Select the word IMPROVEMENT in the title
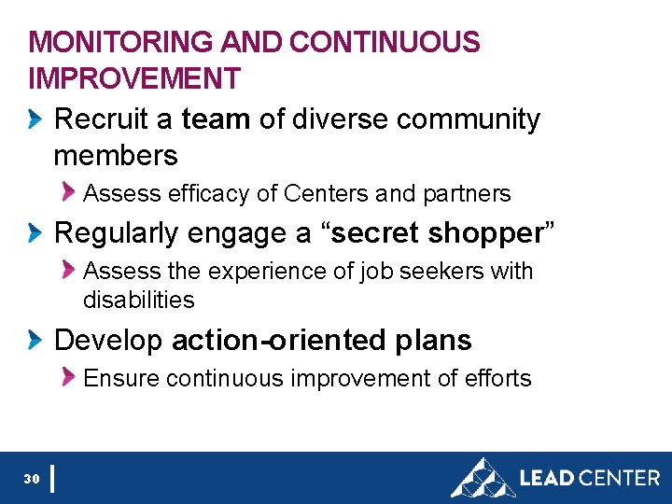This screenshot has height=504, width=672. click(134, 78)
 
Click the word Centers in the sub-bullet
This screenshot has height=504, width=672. click(326, 193)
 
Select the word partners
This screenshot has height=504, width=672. click(466, 193)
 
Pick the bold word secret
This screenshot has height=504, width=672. click(377, 232)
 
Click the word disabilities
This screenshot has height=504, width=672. click(138, 300)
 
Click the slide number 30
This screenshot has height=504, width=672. click(32, 479)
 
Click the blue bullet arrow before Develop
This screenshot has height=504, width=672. click(35, 340)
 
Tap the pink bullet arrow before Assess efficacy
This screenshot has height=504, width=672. click(68, 191)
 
